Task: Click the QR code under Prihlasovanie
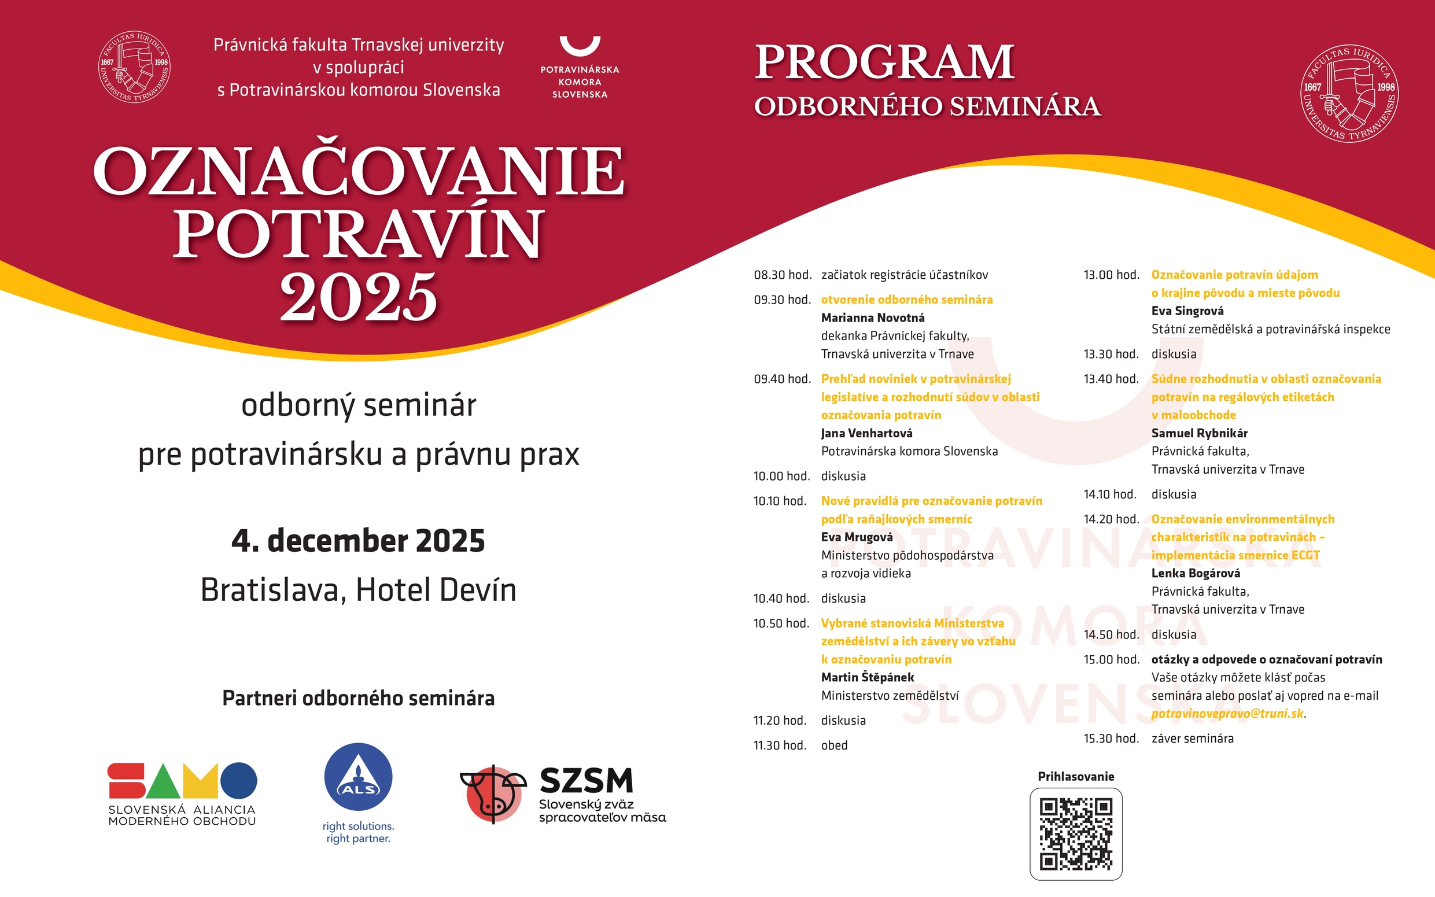click(x=1075, y=833)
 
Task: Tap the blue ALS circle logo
click(x=358, y=777)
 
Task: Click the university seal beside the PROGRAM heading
click(x=1349, y=94)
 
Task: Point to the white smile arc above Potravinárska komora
click(x=580, y=46)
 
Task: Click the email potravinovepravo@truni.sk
click(x=1227, y=714)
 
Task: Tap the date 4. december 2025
click(x=358, y=541)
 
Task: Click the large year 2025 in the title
click(x=358, y=297)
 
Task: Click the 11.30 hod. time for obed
click(x=780, y=745)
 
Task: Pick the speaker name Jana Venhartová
click(x=866, y=433)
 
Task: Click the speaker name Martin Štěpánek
click(x=867, y=677)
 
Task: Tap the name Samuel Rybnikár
click(x=1199, y=433)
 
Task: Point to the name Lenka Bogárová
click(x=1196, y=573)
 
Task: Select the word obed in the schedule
click(x=834, y=745)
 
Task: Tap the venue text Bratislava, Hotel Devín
click(x=358, y=590)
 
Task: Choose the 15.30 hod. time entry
click(x=1111, y=739)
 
